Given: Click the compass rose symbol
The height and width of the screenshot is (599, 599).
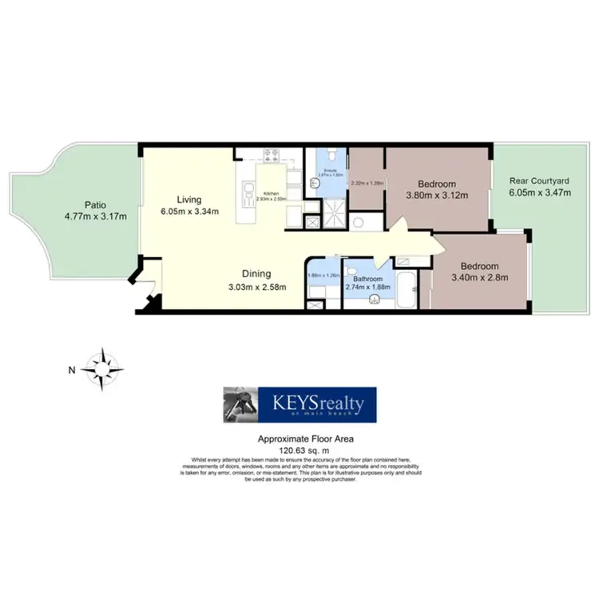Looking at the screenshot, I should point(105,368).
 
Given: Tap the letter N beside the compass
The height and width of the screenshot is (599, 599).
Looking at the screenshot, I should point(71,369).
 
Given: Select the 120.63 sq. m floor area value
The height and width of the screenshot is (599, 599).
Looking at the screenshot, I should point(299,450).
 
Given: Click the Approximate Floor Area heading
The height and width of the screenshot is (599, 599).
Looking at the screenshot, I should point(299,438).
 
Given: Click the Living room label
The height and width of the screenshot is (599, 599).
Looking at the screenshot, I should point(190,200).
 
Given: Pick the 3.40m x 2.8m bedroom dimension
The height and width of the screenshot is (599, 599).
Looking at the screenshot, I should point(479,277).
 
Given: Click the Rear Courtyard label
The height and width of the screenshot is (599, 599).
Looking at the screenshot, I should point(534,181).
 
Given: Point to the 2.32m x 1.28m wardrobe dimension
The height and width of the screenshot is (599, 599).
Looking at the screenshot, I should point(367,183).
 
